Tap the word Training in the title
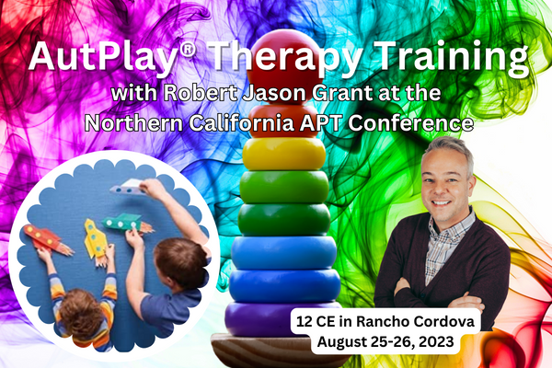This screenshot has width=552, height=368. [x=452, y=58]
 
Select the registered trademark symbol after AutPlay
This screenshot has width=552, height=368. [x=187, y=50]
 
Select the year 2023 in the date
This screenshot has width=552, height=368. [x=437, y=341]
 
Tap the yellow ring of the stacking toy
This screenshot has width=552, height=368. [x=283, y=154]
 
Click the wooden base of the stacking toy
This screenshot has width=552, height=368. [x=278, y=351]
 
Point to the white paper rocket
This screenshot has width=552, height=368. [x=129, y=187]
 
